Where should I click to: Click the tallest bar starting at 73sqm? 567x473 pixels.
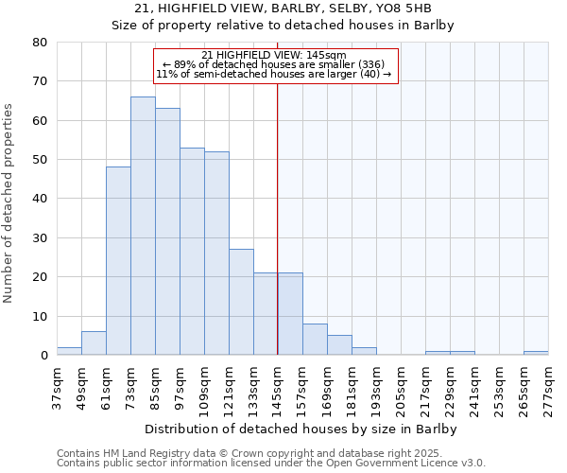143,226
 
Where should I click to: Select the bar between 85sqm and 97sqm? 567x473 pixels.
167,232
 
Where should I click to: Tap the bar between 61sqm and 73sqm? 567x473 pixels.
118,261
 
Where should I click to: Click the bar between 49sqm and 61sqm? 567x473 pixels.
94,343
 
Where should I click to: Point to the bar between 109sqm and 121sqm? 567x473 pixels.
216,254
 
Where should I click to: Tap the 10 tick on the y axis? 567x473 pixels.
40,317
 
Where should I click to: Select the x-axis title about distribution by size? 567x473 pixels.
302,429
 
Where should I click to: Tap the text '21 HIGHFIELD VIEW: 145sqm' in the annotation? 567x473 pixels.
274,56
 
